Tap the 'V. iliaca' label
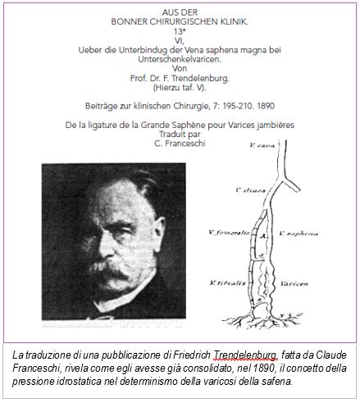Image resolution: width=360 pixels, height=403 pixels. click(x=248, y=190)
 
